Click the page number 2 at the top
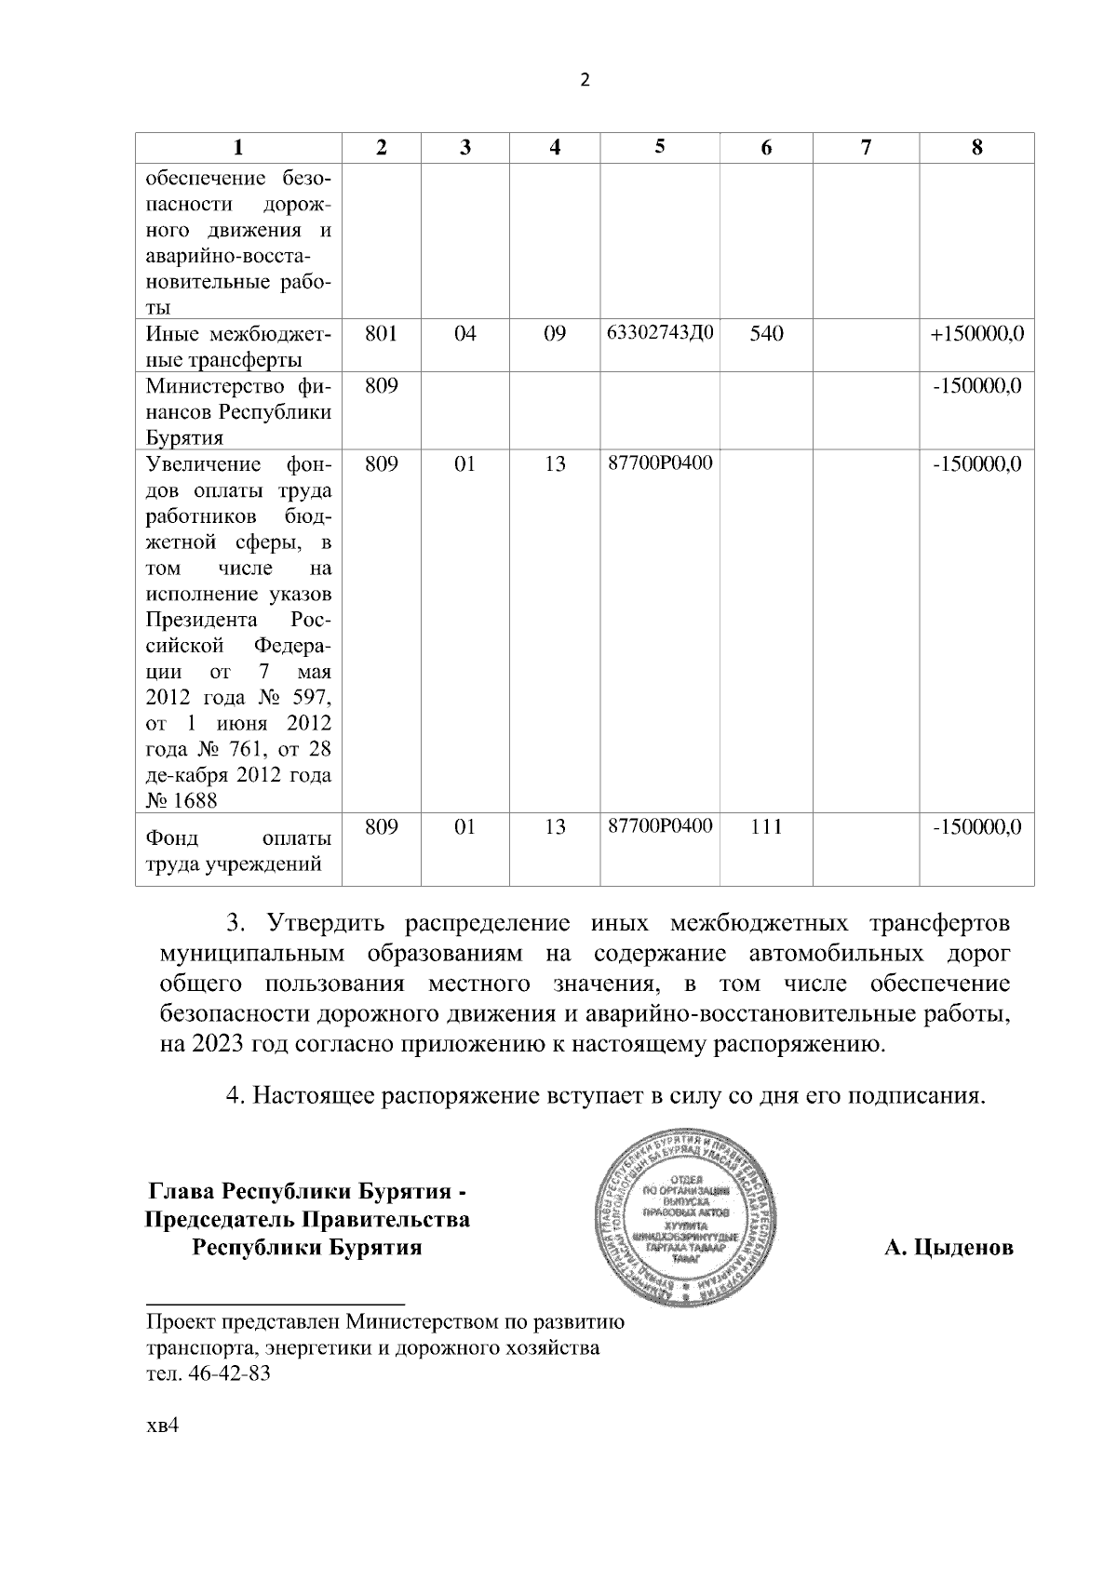tap(585, 81)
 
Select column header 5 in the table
tap(660, 146)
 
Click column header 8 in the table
tap(976, 147)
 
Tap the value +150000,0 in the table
tap(976, 333)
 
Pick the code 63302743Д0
tap(660, 332)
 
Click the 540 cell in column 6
tap(766, 333)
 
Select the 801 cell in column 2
tap(381, 333)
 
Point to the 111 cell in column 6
tap(766, 825)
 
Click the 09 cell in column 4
tap(555, 333)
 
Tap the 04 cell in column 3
tap(464, 333)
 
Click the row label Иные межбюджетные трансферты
tap(238, 346)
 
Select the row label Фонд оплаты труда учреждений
tap(238, 851)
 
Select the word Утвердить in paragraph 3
tap(325, 924)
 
